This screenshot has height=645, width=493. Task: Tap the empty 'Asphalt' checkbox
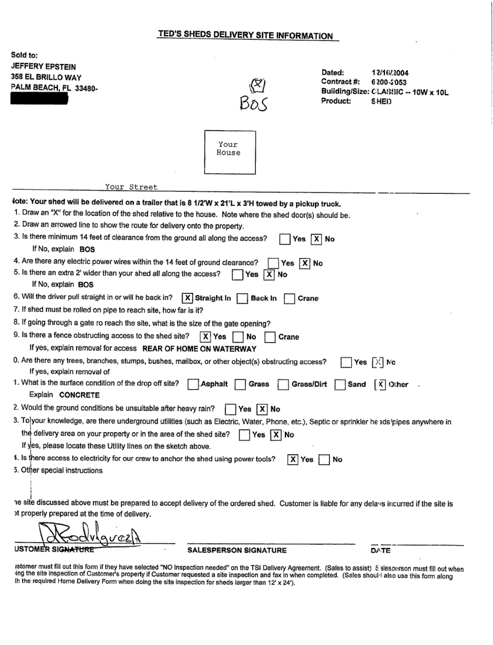pos(193,384)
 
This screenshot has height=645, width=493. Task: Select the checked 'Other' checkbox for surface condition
pos(378,384)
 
